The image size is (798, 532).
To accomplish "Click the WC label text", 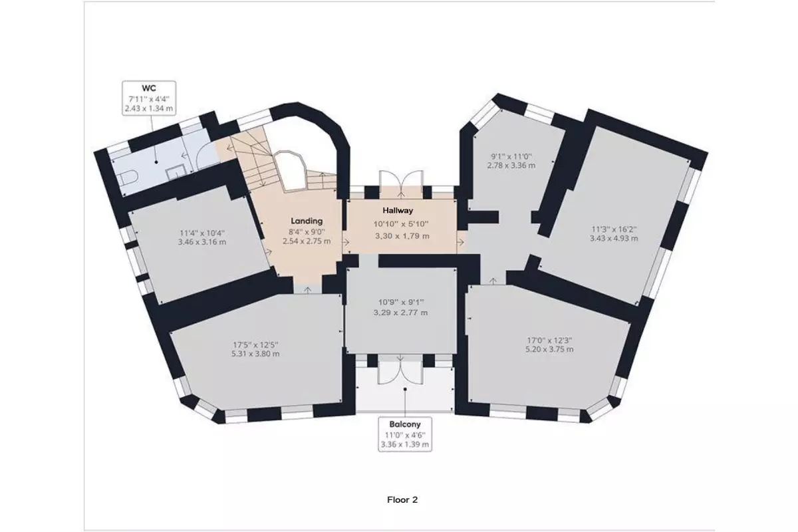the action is pyautogui.click(x=149, y=88).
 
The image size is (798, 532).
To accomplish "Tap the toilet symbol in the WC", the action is pyautogui.click(x=128, y=177).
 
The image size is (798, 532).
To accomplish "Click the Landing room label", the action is pyautogui.click(x=307, y=221).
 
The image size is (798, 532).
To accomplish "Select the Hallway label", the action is pyautogui.click(x=398, y=210).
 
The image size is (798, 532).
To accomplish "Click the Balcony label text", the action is pyautogui.click(x=405, y=424).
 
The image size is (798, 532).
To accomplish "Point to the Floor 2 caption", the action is pyautogui.click(x=402, y=499).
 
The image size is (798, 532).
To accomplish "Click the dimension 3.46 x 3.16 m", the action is pyautogui.click(x=202, y=242).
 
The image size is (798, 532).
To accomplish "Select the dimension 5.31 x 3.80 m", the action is pyautogui.click(x=255, y=354).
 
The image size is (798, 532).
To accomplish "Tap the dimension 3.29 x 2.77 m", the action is pyautogui.click(x=401, y=313).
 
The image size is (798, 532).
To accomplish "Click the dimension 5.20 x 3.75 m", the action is pyautogui.click(x=549, y=349).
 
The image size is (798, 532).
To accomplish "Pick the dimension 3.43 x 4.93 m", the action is pyautogui.click(x=614, y=238).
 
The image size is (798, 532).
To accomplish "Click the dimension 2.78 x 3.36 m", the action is pyautogui.click(x=511, y=166).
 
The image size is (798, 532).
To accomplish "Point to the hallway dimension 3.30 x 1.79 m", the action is pyautogui.click(x=402, y=236).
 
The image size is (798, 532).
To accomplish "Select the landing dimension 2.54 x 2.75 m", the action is pyautogui.click(x=307, y=241).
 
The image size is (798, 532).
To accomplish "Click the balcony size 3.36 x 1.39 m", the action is pyautogui.click(x=405, y=444).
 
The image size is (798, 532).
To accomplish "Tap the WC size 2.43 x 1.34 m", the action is pyautogui.click(x=149, y=108).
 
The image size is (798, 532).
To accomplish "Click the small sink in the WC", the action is pyautogui.click(x=176, y=174).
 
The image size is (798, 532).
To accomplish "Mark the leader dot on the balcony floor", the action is pyautogui.click(x=405, y=389).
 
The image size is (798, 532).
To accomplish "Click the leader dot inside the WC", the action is pyautogui.click(x=156, y=162).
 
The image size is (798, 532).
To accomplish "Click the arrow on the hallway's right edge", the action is pyautogui.click(x=461, y=242).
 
